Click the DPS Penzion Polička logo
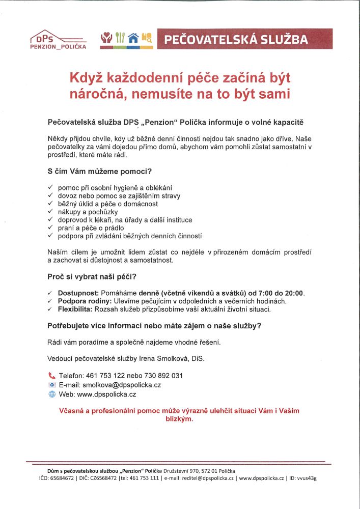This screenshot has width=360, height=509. (58, 40)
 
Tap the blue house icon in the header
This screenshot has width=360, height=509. (133, 38)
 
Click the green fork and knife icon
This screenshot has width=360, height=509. (120, 38)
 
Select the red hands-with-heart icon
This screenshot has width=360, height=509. (106, 38)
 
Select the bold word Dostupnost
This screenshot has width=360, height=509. (78, 293)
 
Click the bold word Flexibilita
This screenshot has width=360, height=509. (75, 309)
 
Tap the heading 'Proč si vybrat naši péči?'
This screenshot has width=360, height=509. (92, 277)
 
